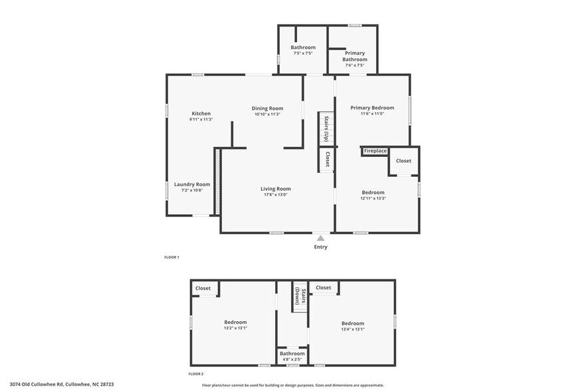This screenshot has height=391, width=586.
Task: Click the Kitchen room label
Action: [x=201, y=114]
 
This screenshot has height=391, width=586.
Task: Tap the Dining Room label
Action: [x=267, y=108]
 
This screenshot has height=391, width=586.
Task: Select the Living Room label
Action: [x=275, y=189]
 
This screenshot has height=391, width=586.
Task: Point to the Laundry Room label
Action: [x=192, y=184]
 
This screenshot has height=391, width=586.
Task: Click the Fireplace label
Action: [x=375, y=151]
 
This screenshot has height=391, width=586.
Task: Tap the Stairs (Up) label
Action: [x=326, y=128]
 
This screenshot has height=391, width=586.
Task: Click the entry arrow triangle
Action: [x=321, y=237]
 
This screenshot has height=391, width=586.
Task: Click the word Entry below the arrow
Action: [x=321, y=247]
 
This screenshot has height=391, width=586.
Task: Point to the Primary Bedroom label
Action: [x=372, y=108]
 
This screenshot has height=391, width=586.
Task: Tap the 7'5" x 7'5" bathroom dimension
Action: [x=302, y=53]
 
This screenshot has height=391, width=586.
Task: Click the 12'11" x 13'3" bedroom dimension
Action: [x=373, y=198]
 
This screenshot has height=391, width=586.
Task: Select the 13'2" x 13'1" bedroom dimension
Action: [x=235, y=328]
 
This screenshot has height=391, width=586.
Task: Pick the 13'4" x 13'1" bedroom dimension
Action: [x=352, y=329]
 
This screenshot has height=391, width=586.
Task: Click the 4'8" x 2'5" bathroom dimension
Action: [x=292, y=360]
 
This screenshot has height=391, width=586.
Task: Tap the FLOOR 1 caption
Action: [x=172, y=257]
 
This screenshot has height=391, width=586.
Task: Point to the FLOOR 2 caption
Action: [x=196, y=374]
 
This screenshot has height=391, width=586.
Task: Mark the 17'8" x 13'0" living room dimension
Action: [x=275, y=195]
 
